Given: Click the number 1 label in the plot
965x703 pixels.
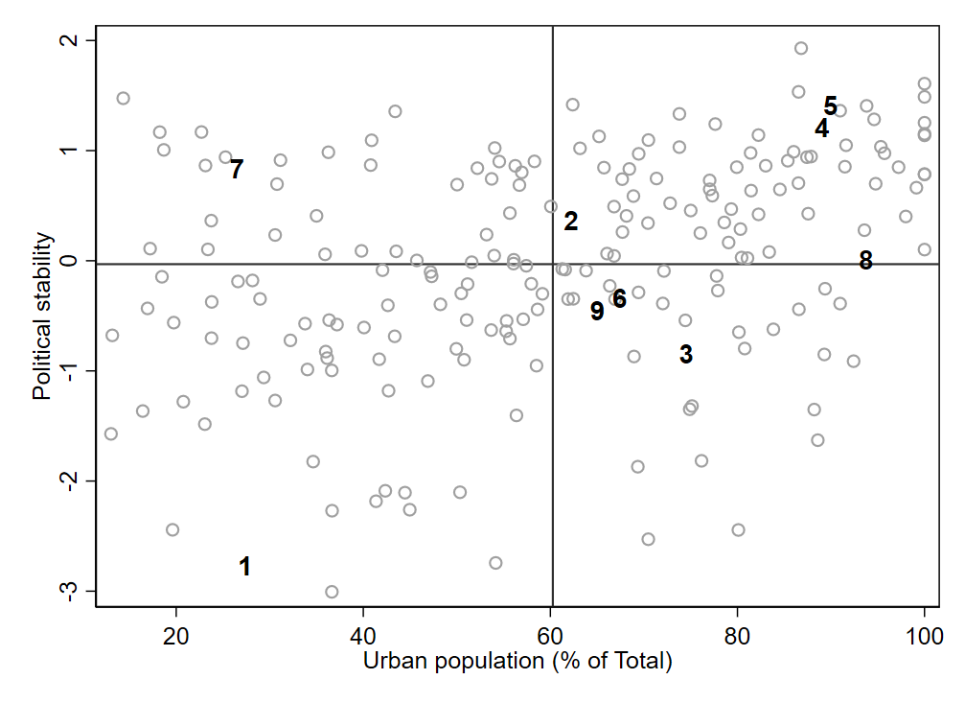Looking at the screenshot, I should tap(244, 567).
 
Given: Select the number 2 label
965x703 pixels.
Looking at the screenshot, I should tap(571, 222).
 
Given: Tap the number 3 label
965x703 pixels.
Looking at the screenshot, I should tap(686, 354).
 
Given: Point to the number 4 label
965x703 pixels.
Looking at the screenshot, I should tap(822, 129).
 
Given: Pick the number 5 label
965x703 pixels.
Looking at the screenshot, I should tap(831, 106).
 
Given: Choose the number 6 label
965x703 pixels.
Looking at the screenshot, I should tap(619, 299).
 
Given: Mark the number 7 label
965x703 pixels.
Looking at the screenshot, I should tap(236, 170).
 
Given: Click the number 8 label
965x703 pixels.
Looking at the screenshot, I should tap(865, 261).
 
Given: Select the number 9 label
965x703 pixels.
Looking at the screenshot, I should tap(597, 312).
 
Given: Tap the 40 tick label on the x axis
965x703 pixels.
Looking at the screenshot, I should tap(363, 635).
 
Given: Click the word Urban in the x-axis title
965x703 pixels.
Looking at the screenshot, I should tap(393, 662).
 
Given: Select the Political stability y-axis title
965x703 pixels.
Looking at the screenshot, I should tap(42, 316).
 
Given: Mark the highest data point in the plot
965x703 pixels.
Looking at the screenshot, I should tap(801, 48).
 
